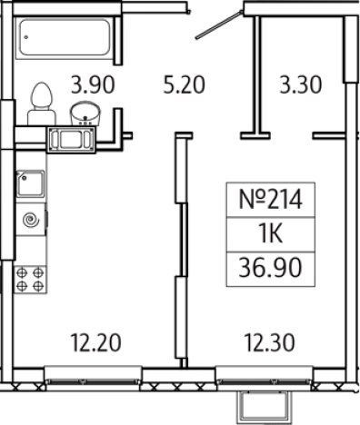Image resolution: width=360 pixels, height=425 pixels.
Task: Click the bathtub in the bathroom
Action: [64, 37]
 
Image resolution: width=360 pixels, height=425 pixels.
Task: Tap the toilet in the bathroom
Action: [42, 104]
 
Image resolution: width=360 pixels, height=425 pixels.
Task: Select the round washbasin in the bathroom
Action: [85, 114]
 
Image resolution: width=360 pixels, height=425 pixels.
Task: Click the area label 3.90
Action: [93, 85]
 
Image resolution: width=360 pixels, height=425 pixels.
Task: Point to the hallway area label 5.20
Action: [184, 84]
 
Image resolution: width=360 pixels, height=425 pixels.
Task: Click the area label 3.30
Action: [300, 84]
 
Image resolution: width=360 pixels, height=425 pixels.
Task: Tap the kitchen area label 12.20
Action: [95, 342]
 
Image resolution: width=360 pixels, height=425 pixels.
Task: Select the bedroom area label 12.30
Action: [269, 342]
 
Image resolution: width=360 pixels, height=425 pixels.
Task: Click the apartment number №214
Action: [271, 199]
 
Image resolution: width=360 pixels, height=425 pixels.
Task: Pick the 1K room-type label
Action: [271, 234]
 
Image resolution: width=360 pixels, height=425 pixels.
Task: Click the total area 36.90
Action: [270, 268]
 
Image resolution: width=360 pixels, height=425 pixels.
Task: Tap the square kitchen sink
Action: [30, 184]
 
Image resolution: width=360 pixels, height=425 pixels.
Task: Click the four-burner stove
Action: [30, 280]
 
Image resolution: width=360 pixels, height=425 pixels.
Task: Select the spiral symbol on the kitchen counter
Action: [31, 220]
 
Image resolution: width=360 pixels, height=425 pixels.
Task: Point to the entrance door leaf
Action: [219, 25]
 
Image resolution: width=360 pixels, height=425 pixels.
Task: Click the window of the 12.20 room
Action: [93, 376]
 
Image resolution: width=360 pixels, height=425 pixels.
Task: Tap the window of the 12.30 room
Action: [264, 376]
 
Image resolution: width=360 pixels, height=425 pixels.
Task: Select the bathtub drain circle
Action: [26, 37]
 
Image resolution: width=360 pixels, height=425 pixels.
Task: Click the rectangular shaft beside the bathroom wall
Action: [71, 140]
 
